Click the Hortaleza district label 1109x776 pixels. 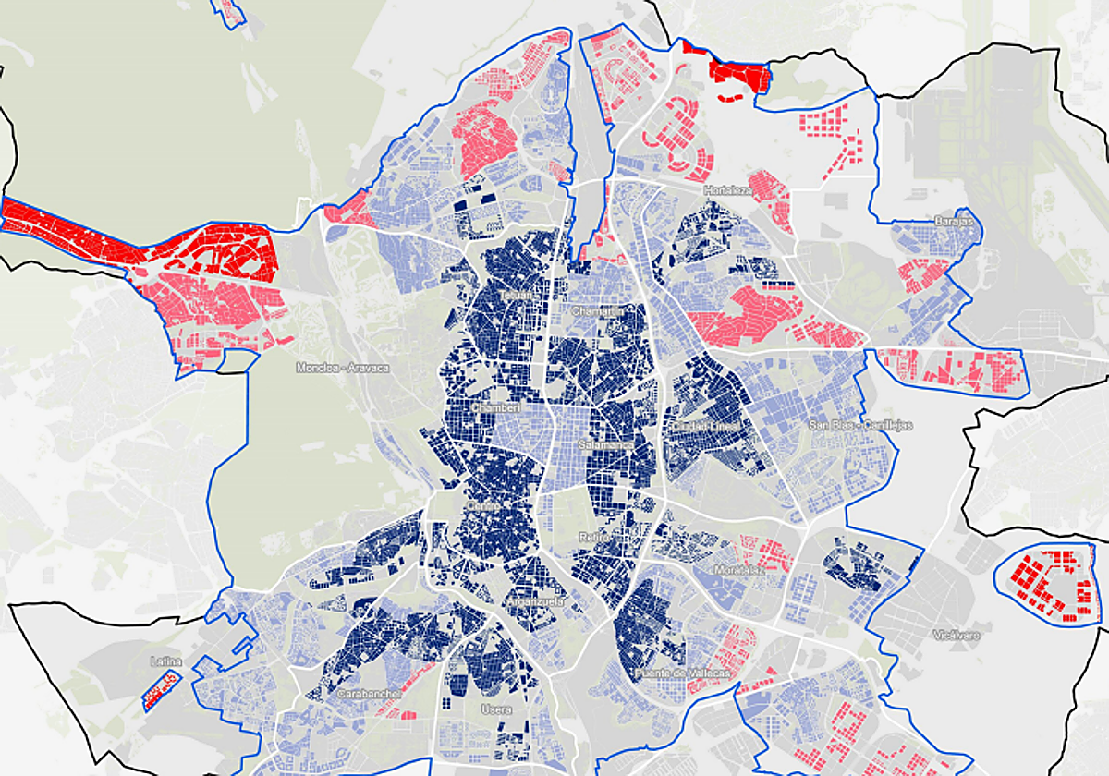pos(727,190)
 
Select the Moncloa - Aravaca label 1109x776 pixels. pos(342,368)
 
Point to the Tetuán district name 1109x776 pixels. pos(519,296)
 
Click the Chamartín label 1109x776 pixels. pos(597,311)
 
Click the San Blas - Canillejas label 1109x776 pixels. pos(860,425)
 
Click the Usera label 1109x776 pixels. pos(495,709)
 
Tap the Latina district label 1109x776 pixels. pos(165,661)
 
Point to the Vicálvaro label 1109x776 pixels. pos(956,636)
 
